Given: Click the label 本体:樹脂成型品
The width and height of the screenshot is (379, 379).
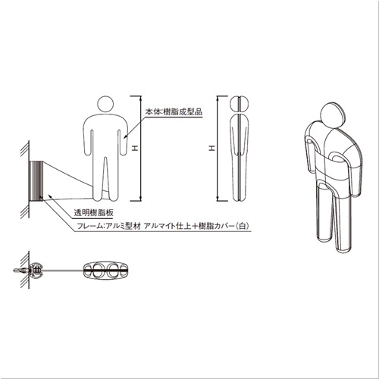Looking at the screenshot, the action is click(x=174, y=111).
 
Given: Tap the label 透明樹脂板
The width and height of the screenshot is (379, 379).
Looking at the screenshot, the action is click(x=93, y=212).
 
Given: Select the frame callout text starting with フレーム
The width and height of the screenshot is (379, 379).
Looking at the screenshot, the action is click(x=163, y=225).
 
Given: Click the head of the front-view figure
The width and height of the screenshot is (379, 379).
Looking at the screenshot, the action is click(x=105, y=105).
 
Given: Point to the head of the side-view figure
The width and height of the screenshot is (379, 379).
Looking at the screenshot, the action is click(x=240, y=105).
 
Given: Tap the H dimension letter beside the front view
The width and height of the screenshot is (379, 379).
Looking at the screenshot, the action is click(x=136, y=149).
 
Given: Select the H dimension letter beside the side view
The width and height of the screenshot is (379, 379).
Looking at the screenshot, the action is click(x=212, y=149).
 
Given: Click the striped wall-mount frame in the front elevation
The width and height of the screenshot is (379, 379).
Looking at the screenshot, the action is click(x=36, y=181).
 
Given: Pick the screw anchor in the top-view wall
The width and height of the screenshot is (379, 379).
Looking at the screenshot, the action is click(x=20, y=271).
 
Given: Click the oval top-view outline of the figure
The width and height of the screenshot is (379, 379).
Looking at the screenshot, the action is click(x=106, y=271).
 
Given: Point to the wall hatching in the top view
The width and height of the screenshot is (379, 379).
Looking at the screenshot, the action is click(x=25, y=270).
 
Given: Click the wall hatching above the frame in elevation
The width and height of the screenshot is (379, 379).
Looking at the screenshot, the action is click(x=25, y=151).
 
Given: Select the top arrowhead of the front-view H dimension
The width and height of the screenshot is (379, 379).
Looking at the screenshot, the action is click(x=141, y=98).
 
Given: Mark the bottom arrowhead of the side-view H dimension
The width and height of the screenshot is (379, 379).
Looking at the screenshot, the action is click(x=218, y=199).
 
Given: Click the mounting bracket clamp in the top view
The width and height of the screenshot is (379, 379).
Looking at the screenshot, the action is click(x=36, y=271).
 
